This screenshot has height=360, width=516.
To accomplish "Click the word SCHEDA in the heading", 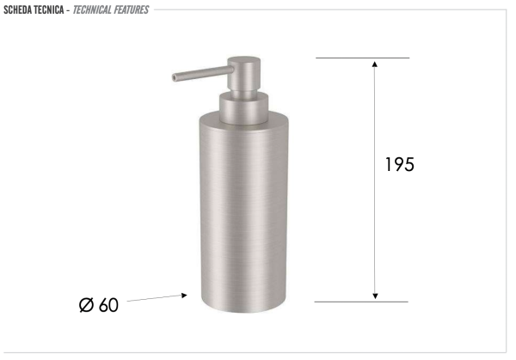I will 20,9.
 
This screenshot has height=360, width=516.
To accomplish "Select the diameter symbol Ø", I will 86,305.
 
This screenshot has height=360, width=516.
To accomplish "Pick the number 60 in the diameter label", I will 108,305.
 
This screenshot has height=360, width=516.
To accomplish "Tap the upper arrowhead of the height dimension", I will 374,64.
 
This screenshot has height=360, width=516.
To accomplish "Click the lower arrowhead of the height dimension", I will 374,296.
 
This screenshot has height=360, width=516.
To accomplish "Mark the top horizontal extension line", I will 361,58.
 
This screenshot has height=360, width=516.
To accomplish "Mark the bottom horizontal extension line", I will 361,302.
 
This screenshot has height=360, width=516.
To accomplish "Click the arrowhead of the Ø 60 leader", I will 183,295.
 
